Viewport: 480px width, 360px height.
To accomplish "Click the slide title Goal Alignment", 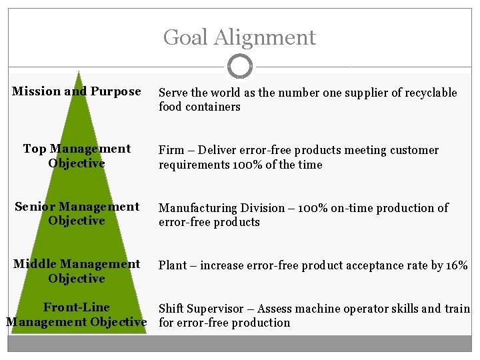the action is point(239,37).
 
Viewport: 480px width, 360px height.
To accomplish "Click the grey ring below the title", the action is point(239,67).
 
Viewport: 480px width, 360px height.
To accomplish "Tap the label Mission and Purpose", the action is point(77,91).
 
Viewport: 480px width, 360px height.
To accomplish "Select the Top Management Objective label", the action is point(77,156).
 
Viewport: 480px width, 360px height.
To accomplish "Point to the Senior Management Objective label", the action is point(77,213).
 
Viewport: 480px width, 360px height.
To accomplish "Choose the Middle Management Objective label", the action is point(77,271).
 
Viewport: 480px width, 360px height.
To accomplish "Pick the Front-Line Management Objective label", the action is point(77,315).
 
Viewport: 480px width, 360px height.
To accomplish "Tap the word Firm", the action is point(171,151).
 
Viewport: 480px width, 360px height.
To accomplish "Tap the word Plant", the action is point(173,265).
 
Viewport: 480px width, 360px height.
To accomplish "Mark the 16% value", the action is point(457,265).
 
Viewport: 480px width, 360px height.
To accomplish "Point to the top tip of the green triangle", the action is point(79,71).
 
